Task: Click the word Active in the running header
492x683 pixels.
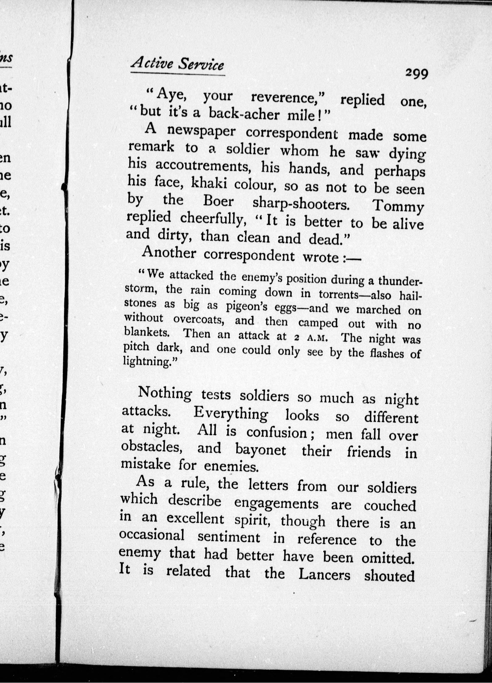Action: coord(150,64)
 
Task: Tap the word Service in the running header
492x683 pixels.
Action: coord(201,65)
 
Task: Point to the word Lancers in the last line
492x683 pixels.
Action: coord(325,575)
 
